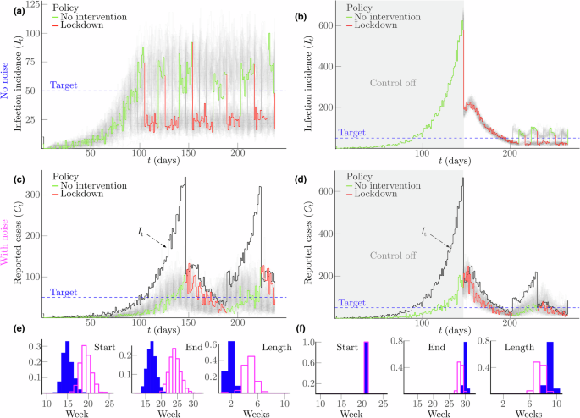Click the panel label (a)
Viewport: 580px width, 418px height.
8,8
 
